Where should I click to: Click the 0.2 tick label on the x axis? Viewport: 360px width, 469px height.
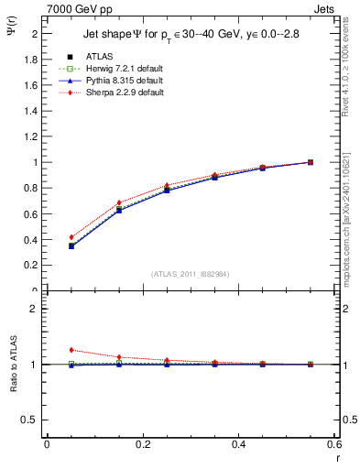click(x=142, y=444)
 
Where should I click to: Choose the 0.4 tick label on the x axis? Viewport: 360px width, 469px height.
click(x=238, y=444)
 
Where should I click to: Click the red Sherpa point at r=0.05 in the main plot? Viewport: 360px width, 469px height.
click(x=71, y=237)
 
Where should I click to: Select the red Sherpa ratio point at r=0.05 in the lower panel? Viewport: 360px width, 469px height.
click(x=71, y=350)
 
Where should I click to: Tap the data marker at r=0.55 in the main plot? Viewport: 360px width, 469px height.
click(x=311, y=162)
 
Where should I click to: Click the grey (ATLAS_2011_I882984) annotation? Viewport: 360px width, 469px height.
click(x=190, y=275)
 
